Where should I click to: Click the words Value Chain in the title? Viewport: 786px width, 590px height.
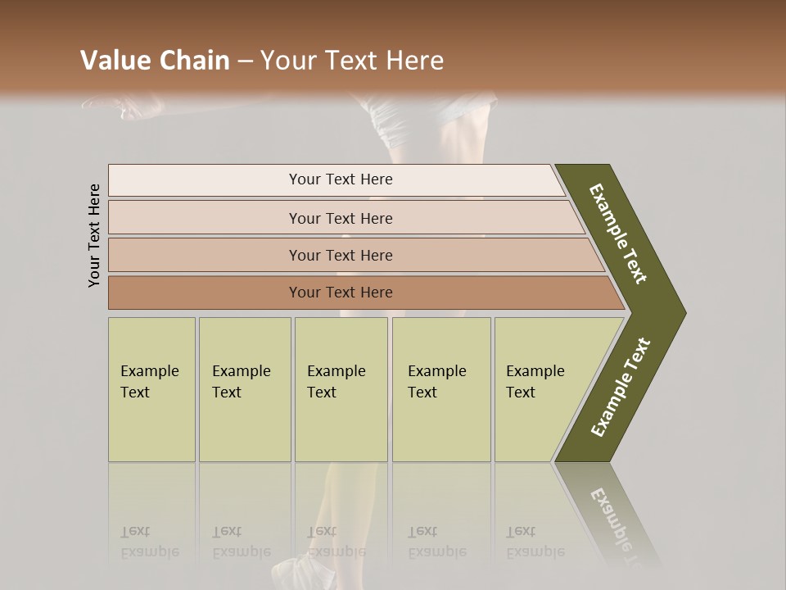(x=155, y=61)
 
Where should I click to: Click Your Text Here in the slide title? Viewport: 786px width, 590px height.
(x=352, y=61)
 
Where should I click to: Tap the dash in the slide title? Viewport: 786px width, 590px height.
(x=245, y=61)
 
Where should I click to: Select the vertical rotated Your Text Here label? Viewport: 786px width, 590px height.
(x=94, y=236)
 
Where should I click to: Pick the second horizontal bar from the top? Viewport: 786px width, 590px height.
(x=340, y=218)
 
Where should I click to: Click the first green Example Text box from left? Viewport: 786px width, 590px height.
(x=151, y=389)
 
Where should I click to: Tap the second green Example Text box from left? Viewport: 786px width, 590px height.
(x=245, y=389)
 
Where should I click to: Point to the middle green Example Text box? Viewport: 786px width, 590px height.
(x=341, y=389)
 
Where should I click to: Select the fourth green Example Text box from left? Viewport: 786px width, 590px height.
(x=441, y=389)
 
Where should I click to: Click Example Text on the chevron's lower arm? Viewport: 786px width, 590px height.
(x=621, y=388)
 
